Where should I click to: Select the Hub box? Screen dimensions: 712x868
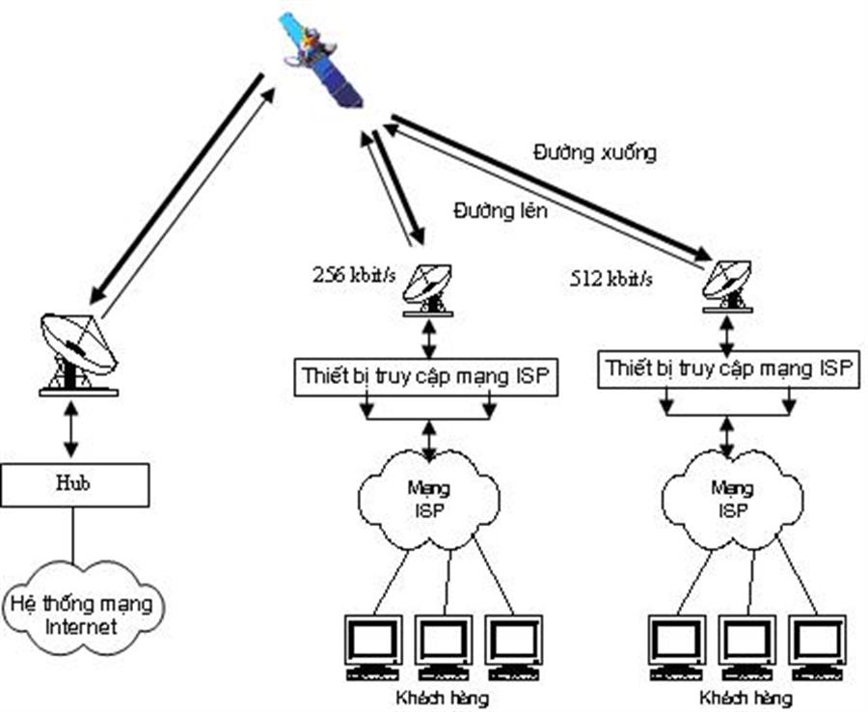click(74, 484)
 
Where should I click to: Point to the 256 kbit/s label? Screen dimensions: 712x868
click(353, 274)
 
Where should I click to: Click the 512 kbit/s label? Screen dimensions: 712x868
click(610, 279)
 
